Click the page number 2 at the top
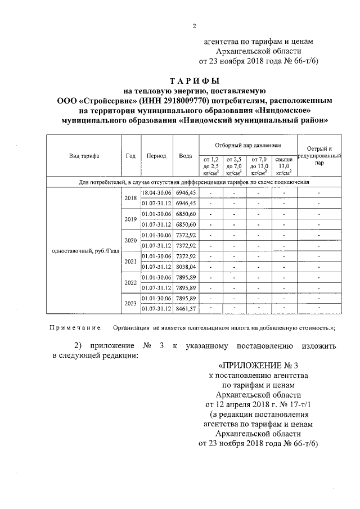(x=194, y=25)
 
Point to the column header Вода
(x=186, y=156)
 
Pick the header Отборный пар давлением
(x=247, y=145)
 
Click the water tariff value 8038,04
(x=186, y=267)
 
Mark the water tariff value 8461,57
(x=186, y=309)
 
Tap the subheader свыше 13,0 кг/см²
(x=284, y=166)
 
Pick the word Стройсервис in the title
(x=109, y=101)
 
